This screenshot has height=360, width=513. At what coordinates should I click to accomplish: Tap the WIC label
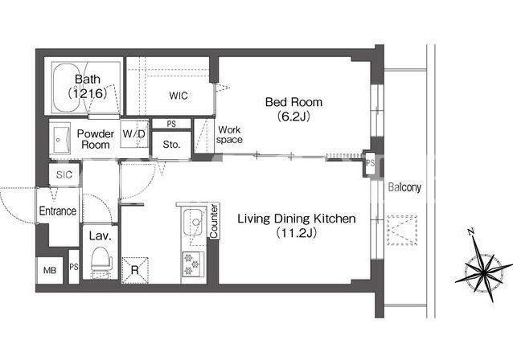coord(179,96)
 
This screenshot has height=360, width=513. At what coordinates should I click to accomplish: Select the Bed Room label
coord(293,102)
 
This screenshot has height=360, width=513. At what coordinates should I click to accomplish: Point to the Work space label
coord(229,135)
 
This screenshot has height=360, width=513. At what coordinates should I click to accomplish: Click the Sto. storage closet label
coord(171,145)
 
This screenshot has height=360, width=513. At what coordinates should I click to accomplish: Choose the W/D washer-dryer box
coord(134,134)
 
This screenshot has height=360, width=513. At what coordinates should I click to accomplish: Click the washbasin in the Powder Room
coord(62,138)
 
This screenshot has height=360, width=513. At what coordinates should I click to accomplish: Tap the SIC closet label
coord(64,174)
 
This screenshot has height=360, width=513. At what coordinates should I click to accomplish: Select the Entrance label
coord(58,211)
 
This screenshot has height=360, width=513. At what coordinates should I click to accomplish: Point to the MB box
coord(50,271)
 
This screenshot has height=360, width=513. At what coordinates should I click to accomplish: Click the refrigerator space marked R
coord(135,271)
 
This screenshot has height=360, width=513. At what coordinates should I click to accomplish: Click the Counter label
coord(214,221)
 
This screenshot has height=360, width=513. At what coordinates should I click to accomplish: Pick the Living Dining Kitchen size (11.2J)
coord(297,233)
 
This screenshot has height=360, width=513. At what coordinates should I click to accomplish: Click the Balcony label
coord(404,187)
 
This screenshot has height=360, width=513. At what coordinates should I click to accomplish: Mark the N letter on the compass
coord(471,232)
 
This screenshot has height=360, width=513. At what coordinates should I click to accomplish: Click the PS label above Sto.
coord(171,124)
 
